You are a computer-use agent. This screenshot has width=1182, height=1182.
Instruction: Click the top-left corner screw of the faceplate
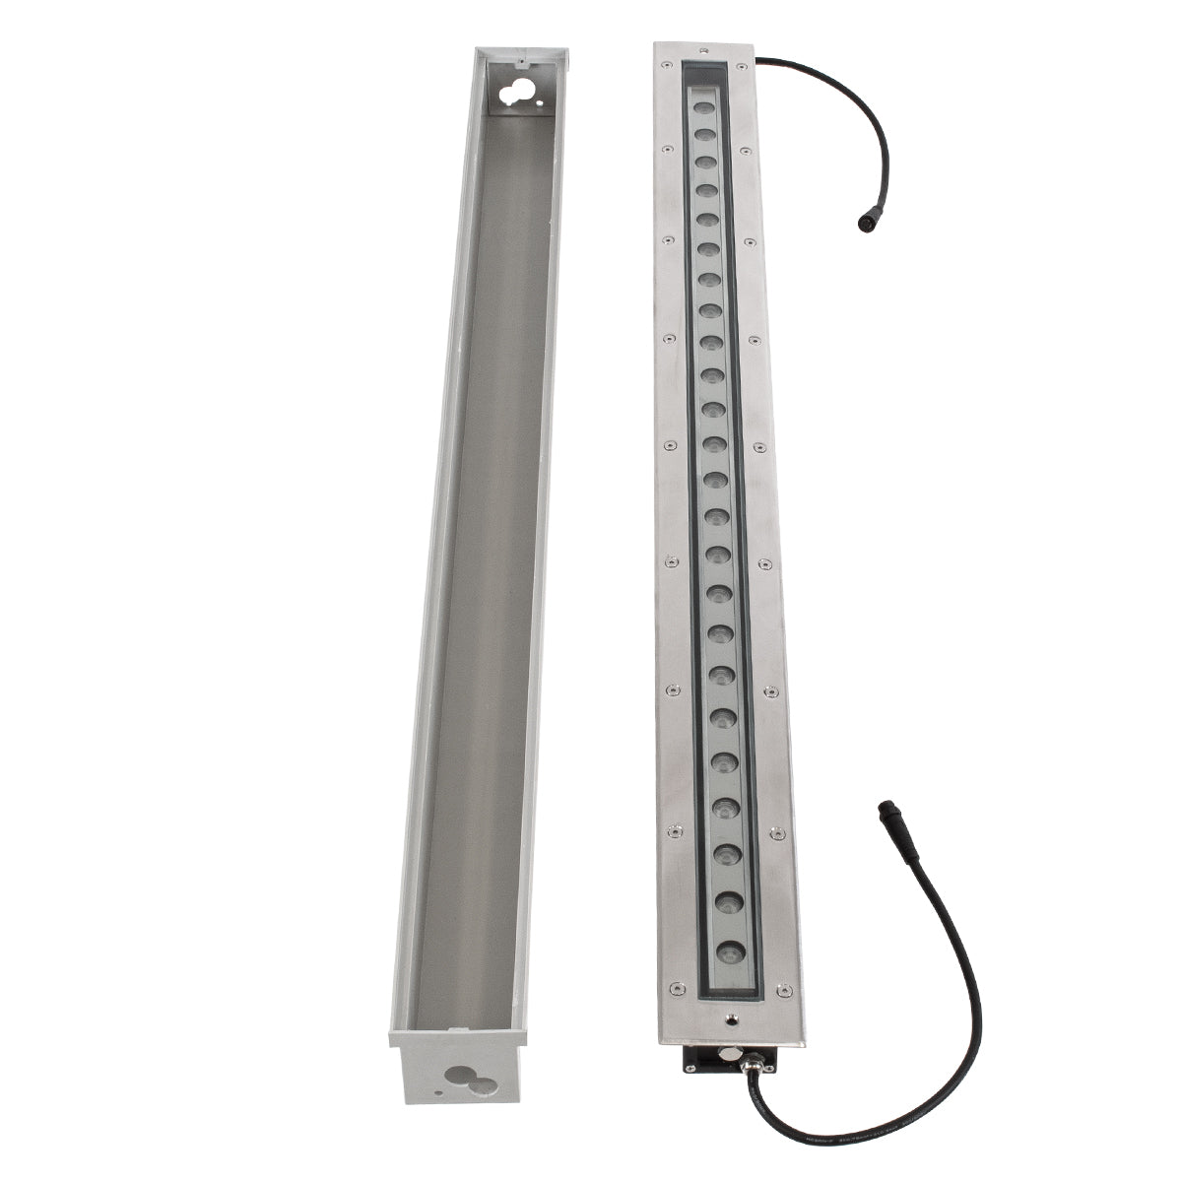(663, 71)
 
